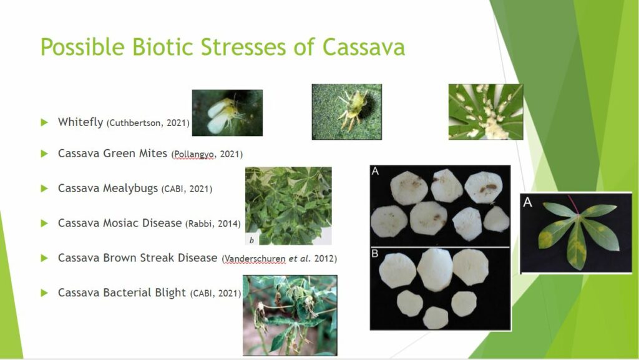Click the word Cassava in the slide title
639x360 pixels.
point(364,47)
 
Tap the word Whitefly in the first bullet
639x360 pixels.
point(80,122)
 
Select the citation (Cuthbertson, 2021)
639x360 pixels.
point(148,123)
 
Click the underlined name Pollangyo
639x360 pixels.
point(194,154)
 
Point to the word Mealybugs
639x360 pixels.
point(130,188)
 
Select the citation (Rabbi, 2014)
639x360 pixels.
point(213,224)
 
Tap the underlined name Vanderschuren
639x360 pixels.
point(255,258)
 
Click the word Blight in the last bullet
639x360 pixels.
point(170,293)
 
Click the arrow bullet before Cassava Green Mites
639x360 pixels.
point(44,153)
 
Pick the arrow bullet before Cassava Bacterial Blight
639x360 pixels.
point(44,293)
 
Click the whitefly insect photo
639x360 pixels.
point(227,113)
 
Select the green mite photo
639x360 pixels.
point(347,112)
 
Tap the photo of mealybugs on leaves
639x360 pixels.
point(485,112)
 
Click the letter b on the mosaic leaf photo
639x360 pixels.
point(251,240)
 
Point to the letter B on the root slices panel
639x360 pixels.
point(375,254)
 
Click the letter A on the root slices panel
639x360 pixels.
point(375,172)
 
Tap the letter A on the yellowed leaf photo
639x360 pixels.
point(527,202)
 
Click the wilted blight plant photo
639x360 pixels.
point(290,316)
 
